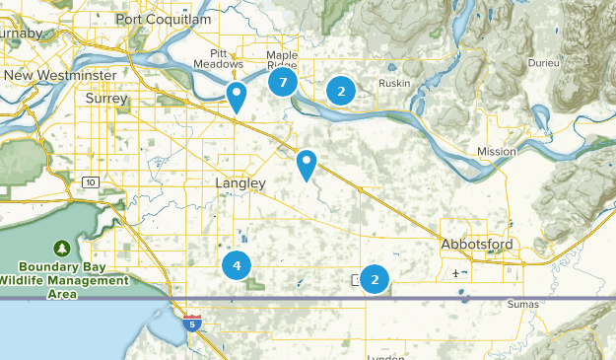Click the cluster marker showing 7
pos(283,82)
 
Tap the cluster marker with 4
pos(237,264)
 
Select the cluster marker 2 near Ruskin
pos(341,91)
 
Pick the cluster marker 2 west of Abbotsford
pos(375,279)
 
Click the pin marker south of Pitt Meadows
pos(237,96)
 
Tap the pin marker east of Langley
pos(308,164)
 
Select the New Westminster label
pos(60,76)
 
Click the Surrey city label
pos(106,99)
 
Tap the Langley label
pos(240,183)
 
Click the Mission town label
pos(496,151)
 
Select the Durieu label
pos(541,62)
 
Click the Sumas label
pos(522,304)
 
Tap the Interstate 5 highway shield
pos(192,322)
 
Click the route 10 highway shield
pos(91,181)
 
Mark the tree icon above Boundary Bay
pos(63,247)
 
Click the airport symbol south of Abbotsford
pos(455,273)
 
